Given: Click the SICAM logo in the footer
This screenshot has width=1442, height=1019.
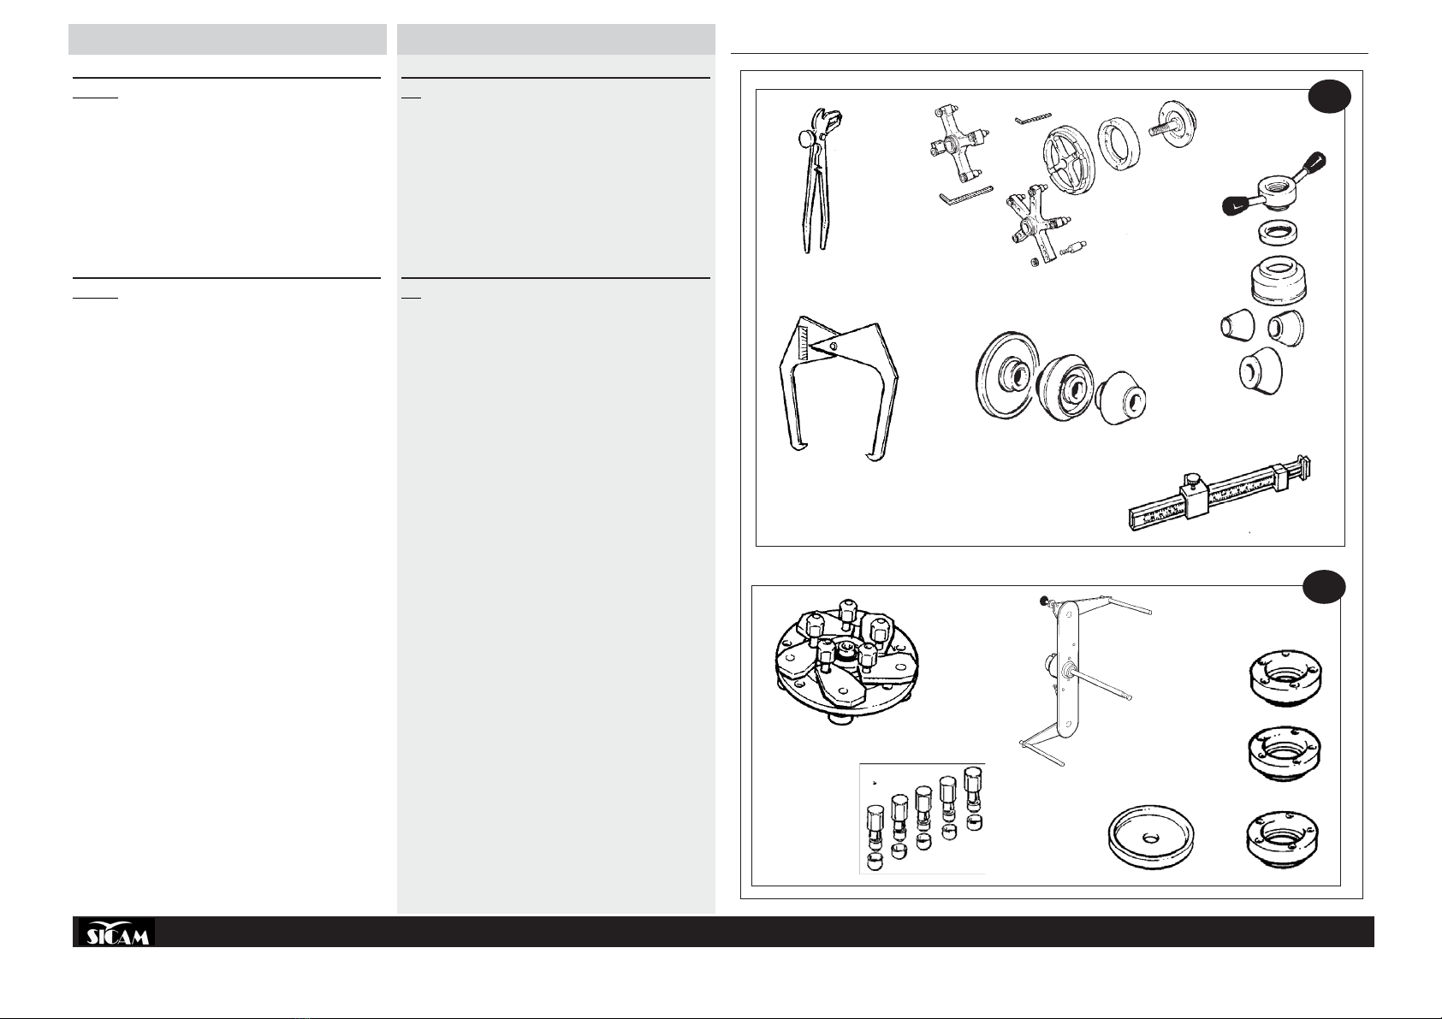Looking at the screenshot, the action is point(116,932).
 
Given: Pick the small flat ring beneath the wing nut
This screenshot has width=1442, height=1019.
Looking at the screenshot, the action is point(1278,233).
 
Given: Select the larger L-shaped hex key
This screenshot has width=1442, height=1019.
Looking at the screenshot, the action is point(965,194).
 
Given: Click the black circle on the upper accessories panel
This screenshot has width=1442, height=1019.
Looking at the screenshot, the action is point(1329,97).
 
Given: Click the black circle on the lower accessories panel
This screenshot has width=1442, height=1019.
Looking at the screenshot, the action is point(1324,586).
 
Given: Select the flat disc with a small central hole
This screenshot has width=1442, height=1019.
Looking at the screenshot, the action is point(1150,836).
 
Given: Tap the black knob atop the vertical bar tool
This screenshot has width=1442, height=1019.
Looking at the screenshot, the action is point(1043,601).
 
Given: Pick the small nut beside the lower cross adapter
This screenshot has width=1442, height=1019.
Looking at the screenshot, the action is point(1035,262).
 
